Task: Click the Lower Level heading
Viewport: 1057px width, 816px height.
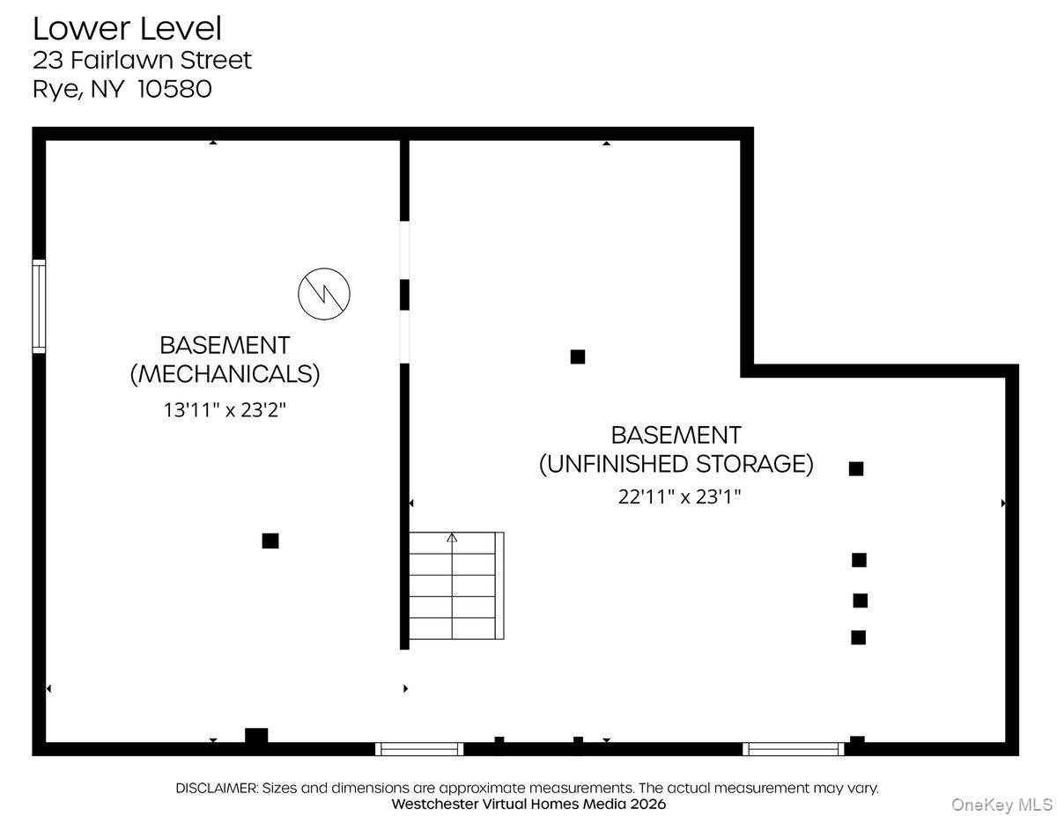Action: (x=127, y=29)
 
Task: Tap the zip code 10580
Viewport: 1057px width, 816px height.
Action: (x=174, y=90)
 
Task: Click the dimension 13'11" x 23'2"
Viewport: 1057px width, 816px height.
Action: (x=225, y=410)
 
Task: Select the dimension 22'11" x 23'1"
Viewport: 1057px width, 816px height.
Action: (x=679, y=497)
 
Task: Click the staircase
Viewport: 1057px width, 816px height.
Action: (x=455, y=585)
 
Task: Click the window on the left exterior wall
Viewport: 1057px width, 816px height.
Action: (x=39, y=306)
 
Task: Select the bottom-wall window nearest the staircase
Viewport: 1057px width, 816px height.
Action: (x=419, y=749)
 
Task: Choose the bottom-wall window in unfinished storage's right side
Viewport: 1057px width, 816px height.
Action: (x=794, y=749)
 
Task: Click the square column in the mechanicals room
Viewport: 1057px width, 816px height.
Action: (x=270, y=541)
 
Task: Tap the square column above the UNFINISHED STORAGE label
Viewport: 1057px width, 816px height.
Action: (x=577, y=357)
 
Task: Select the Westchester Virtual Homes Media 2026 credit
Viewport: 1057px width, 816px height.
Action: (x=528, y=804)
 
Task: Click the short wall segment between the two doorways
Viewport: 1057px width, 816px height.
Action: (x=404, y=295)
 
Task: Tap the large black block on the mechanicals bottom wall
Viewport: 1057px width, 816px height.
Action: (x=256, y=735)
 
